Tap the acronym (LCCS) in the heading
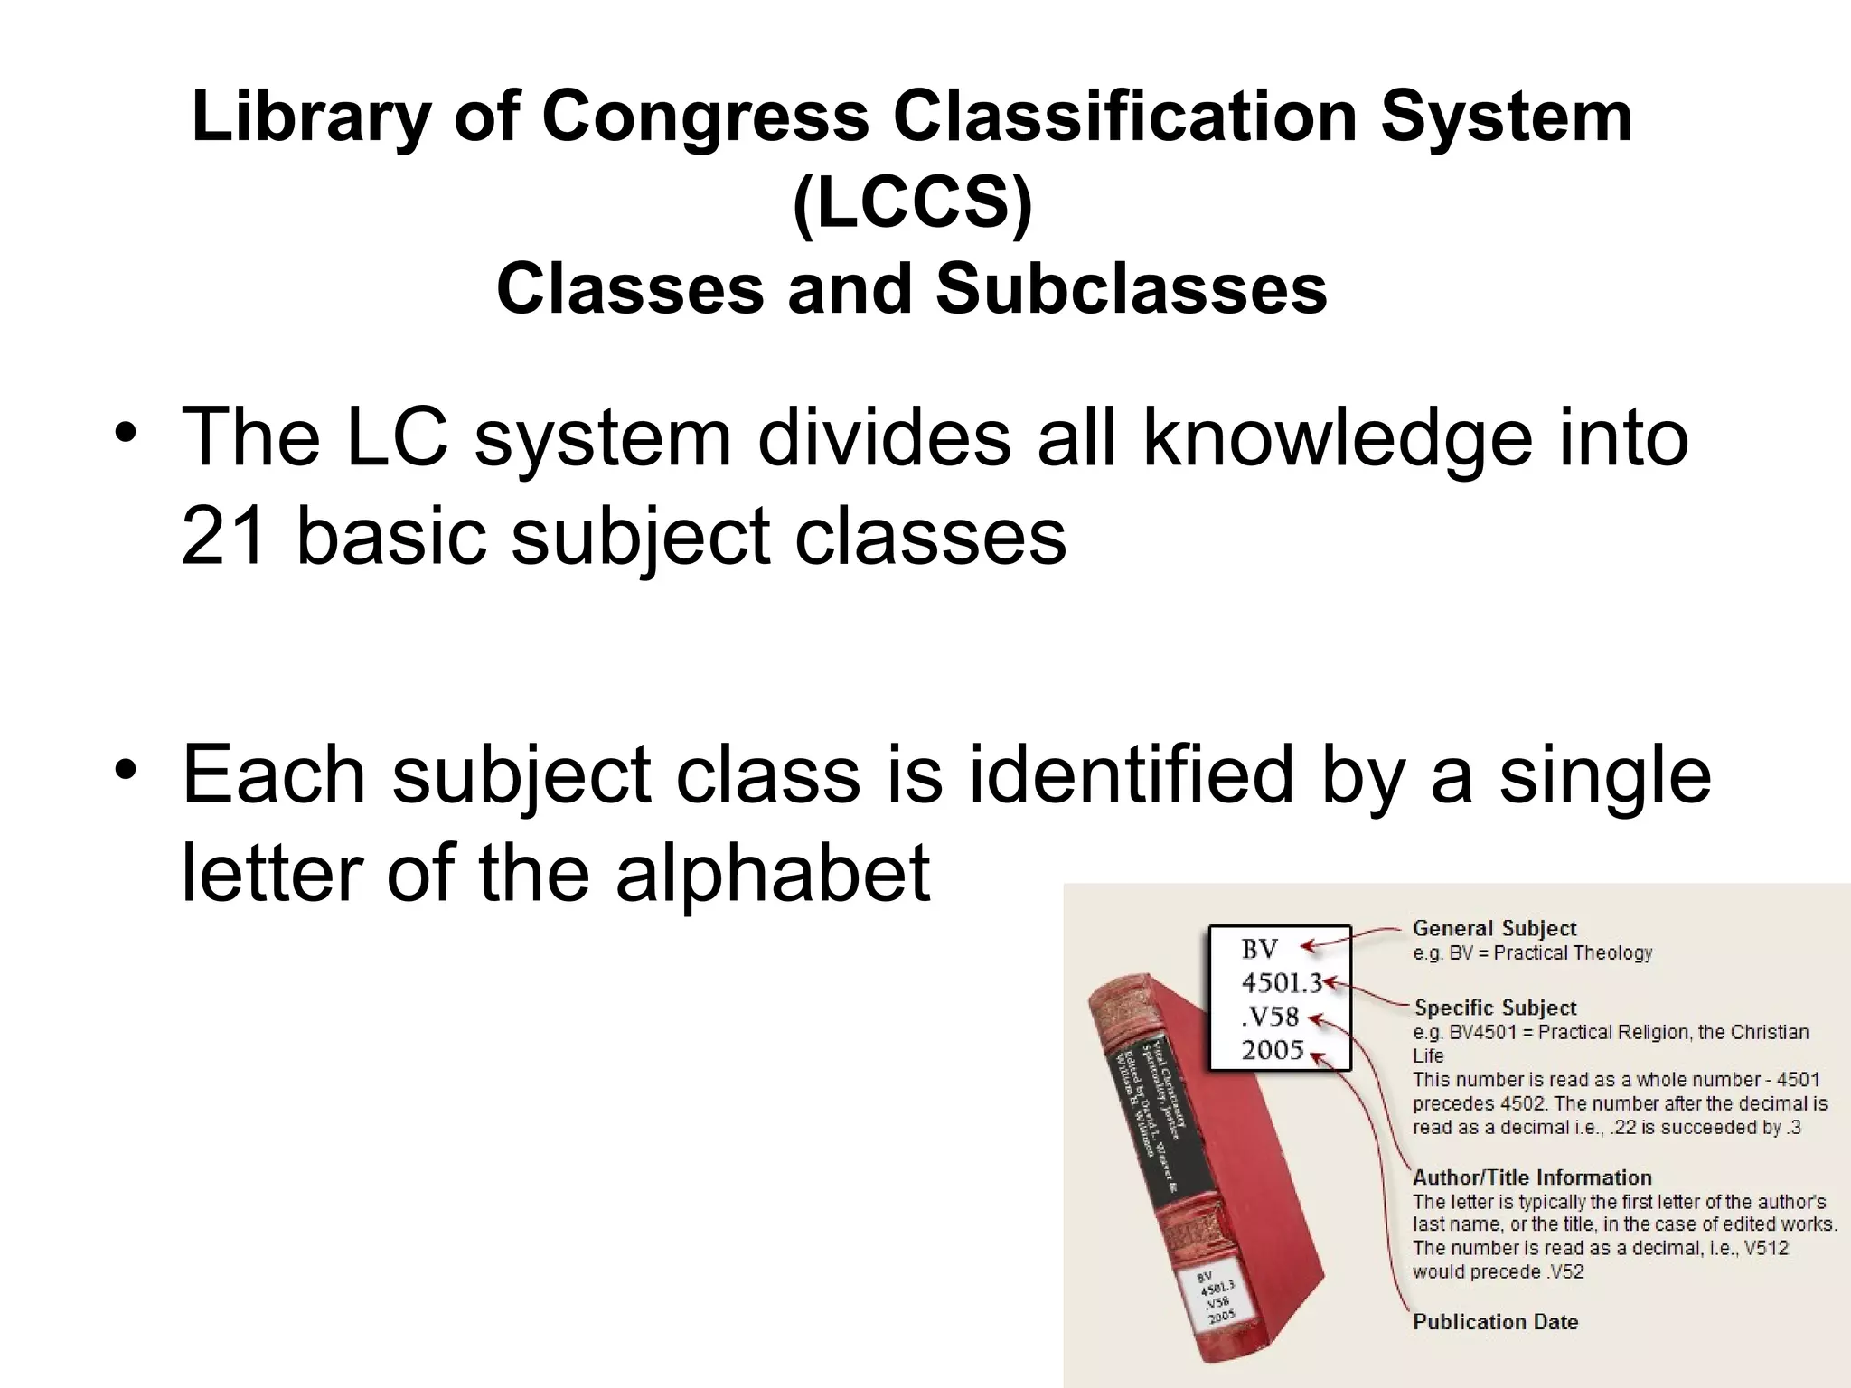(912, 203)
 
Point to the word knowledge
(1338, 438)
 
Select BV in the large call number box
(1259, 949)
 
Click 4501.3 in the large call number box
(1281, 982)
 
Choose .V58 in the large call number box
(1269, 1017)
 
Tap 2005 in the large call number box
(1273, 1050)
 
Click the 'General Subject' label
(1494, 928)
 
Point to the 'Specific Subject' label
(1495, 1008)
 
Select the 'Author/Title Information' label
(1532, 1177)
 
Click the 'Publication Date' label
(1495, 1322)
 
